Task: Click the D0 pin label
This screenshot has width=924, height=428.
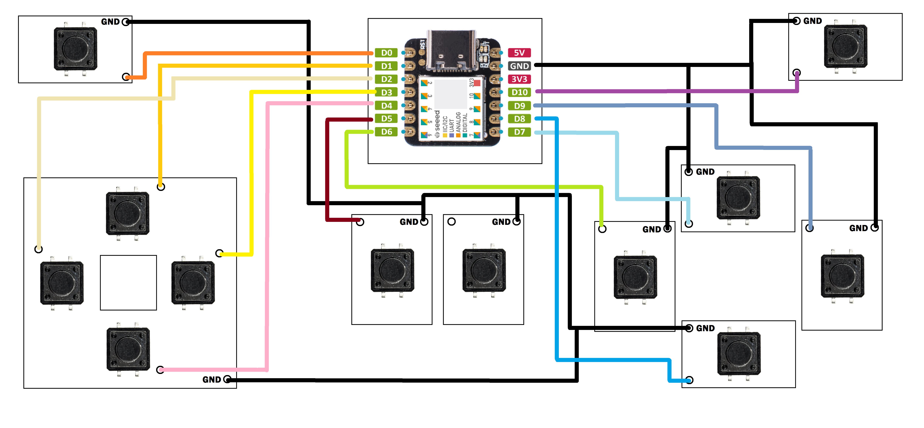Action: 386,53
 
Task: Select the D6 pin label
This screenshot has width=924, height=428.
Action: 386,132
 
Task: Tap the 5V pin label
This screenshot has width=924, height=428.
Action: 519,53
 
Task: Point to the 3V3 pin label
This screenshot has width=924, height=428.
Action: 519,79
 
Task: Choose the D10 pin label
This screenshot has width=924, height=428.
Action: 519,92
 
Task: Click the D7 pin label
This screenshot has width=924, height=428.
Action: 519,132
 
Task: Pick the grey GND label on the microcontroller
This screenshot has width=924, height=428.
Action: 519,66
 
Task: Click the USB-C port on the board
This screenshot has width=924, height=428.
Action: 451,50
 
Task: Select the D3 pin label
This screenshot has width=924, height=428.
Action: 386,92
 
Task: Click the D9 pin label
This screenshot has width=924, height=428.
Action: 519,105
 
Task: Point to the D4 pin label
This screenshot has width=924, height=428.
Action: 386,105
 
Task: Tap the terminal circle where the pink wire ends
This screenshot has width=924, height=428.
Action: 160,370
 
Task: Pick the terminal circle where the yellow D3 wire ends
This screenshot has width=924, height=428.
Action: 219,253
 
